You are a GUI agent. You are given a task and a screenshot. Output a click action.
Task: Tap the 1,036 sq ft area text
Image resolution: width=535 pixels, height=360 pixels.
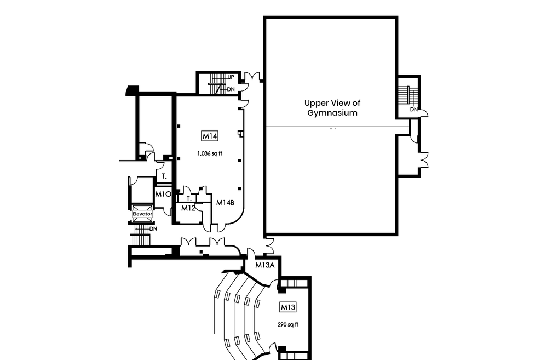point(210,153)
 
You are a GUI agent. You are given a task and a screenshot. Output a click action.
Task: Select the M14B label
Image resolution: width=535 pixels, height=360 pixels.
point(225,203)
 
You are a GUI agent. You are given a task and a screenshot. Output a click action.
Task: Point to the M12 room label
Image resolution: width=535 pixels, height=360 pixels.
point(189,208)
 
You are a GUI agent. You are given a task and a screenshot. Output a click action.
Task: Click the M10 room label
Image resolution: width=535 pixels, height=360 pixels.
point(163,194)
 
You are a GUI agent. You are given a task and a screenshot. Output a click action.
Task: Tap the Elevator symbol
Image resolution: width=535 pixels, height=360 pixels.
point(142,214)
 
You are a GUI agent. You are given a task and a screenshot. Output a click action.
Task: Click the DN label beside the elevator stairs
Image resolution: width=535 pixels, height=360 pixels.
point(153,228)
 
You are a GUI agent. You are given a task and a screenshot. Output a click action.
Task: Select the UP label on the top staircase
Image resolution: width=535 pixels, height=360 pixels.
point(231,77)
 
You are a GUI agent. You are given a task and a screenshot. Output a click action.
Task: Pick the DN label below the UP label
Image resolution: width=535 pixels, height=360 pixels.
point(231,89)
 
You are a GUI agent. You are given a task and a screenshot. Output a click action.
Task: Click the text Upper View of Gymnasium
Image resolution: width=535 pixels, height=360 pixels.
point(332,108)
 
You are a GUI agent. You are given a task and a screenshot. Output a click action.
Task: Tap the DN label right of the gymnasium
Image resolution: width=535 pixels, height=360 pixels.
point(415,109)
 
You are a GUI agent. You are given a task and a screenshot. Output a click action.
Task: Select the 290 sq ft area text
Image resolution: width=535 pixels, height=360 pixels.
point(288,324)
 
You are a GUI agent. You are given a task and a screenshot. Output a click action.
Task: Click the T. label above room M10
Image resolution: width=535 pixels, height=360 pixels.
point(164,176)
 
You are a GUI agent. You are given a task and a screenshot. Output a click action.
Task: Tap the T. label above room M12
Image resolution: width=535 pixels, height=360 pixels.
point(189,198)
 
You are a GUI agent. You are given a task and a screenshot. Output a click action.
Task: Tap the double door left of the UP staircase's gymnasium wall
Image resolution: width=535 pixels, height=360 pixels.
point(252,77)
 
